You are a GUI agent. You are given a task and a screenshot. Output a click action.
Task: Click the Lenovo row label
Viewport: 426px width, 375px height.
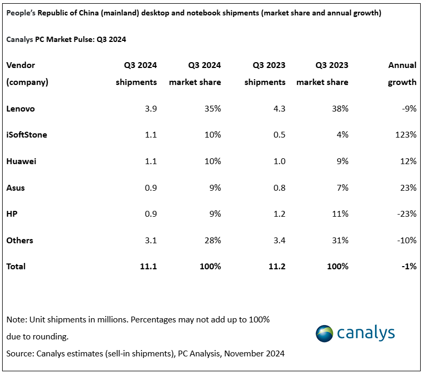click(20, 108)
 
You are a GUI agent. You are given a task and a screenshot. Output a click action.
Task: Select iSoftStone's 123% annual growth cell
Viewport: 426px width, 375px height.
click(406, 135)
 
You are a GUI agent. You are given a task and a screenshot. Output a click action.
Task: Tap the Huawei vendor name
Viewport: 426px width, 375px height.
click(21, 161)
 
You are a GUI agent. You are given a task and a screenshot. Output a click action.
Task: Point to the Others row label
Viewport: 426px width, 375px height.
click(20, 241)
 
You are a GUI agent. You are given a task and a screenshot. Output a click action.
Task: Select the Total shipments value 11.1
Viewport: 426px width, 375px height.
click(149, 267)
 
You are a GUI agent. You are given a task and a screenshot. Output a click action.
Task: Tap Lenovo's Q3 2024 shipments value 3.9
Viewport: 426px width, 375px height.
click(151, 108)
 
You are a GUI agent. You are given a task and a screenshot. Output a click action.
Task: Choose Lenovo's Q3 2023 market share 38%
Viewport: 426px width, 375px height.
click(339, 108)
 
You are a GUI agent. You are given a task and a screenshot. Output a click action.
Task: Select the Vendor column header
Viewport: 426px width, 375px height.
click(21, 65)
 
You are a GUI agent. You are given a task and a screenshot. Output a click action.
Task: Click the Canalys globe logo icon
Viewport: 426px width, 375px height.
click(325, 334)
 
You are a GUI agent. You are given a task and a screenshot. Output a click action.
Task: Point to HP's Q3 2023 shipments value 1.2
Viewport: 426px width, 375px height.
click(279, 214)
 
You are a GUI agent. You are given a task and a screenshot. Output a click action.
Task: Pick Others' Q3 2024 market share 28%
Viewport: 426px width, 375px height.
click(212, 241)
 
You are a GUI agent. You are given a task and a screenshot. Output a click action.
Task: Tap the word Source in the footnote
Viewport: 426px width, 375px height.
click(19, 353)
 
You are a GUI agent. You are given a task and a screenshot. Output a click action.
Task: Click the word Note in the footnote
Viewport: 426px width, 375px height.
click(15, 320)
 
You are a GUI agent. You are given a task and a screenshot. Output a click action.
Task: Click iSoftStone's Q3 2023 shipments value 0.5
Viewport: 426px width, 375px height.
click(279, 135)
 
